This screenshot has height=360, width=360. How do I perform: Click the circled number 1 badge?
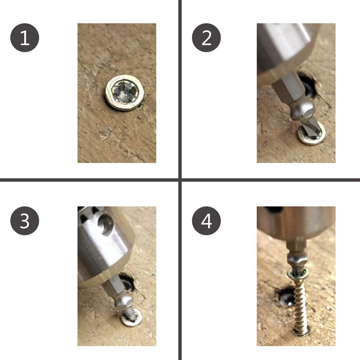[x=25, y=38]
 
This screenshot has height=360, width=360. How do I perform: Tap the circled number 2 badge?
[x=206, y=38]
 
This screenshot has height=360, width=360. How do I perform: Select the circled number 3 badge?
[x=25, y=220]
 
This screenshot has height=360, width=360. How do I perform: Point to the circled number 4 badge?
[x=206, y=220]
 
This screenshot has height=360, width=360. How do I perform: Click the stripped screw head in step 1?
[x=125, y=93]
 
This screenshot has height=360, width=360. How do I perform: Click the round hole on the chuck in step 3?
[x=106, y=224]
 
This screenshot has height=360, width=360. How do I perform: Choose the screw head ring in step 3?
[x=131, y=318]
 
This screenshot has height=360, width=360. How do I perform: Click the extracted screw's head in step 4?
[x=298, y=274]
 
